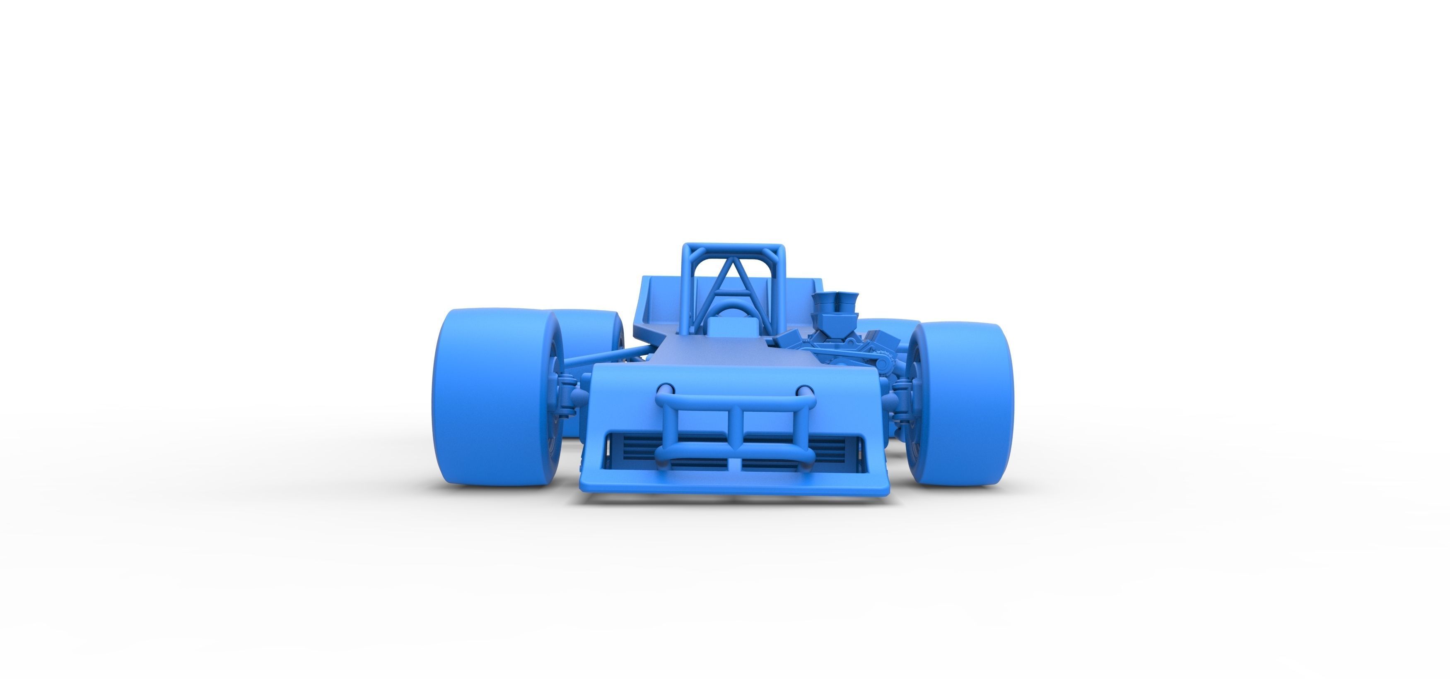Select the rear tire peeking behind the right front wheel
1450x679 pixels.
[x=884, y=326]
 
